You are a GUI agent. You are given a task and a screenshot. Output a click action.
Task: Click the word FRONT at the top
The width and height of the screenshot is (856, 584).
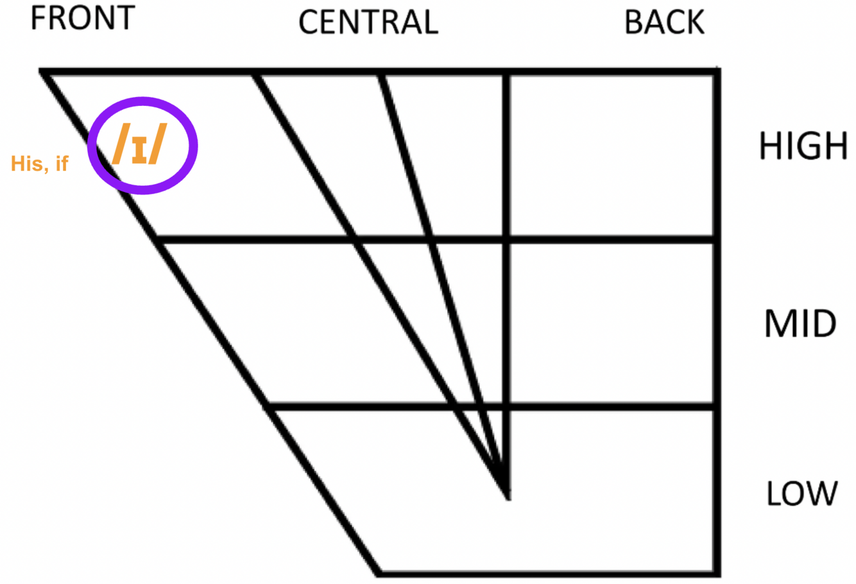pyautogui.click(x=82, y=17)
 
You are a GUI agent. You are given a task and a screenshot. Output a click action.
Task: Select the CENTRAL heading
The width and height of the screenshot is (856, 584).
pyautogui.click(x=368, y=22)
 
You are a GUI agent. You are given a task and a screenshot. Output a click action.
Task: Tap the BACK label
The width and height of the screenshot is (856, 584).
pyautogui.click(x=664, y=22)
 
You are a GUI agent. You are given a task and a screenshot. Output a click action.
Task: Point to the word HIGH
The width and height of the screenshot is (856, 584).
pyautogui.click(x=803, y=146)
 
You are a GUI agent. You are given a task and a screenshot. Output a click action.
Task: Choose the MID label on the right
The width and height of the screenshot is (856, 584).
pyautogui.click(x=800, y=323)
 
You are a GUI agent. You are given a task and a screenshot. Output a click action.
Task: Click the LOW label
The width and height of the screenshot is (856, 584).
pyautogui.click(x=802, y=494)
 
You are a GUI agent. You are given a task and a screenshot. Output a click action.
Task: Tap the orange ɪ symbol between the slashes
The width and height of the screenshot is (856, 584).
pyautogui.click(x=139, y=149)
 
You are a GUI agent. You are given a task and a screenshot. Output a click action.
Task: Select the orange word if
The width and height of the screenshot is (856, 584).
pyautogui.click(x=62, y=164)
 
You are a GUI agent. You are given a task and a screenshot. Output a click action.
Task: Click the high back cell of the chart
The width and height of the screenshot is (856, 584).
pyautogui.click(x=613, y=155)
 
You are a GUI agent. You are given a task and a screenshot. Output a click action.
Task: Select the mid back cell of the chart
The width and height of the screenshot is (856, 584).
pyautogui.click(x=613, y=324)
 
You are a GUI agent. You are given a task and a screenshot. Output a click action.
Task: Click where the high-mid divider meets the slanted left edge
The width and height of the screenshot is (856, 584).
pyautogui.click(x=158, y=240)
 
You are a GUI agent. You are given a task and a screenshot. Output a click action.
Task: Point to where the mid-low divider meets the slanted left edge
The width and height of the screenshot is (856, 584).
pyautogui.click(x=268, y=407)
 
